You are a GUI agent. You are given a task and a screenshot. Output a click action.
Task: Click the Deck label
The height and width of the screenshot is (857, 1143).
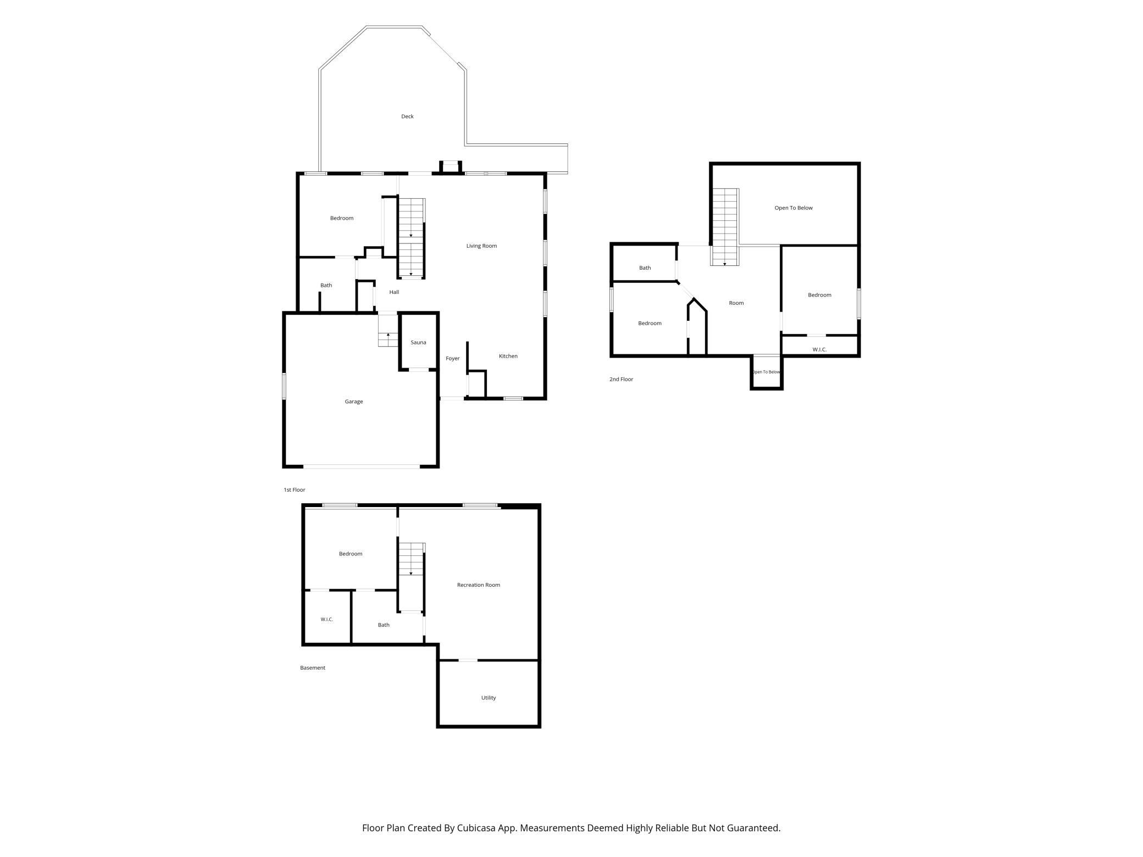pos(407,116)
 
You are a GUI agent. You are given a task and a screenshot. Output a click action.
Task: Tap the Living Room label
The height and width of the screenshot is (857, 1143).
pos(481,246)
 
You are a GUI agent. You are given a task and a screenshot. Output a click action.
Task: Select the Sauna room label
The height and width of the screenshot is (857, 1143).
pos(418,342)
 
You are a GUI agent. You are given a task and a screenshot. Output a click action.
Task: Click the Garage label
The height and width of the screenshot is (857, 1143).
pos(354,402)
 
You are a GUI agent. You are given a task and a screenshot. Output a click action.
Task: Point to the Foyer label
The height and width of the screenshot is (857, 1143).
pos(452,359)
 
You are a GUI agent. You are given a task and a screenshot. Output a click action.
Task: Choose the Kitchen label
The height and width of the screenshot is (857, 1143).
pos(508,356)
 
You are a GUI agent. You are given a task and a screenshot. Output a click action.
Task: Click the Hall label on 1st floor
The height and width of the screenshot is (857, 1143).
pos(394,292)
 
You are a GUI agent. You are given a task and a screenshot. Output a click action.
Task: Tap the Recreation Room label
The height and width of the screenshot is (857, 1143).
pos(479,585)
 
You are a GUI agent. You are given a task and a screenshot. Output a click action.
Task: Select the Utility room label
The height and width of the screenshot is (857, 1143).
pos(489,698)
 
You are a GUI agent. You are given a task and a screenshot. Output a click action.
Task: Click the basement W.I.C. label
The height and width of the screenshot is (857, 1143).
pos(327,620)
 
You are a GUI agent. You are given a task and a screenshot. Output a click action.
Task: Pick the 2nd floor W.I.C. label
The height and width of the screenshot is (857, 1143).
pos(819,349)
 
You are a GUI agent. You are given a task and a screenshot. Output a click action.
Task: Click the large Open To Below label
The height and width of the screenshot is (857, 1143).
pos(794,208)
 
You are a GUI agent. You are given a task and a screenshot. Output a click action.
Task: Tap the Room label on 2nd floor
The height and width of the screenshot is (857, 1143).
pos(736,303)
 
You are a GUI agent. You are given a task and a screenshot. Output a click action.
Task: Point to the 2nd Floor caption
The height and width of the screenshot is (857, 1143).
pos(621,379)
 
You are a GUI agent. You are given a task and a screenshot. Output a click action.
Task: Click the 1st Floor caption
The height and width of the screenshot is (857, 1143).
pos(295,489)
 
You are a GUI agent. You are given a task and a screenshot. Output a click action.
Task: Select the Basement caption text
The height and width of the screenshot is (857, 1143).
pos(313,668)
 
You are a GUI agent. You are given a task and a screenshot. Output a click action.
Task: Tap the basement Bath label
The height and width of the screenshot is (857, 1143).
pos(384,625)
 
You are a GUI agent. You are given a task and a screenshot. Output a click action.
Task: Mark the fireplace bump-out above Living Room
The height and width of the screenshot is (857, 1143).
pos(451,166)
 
